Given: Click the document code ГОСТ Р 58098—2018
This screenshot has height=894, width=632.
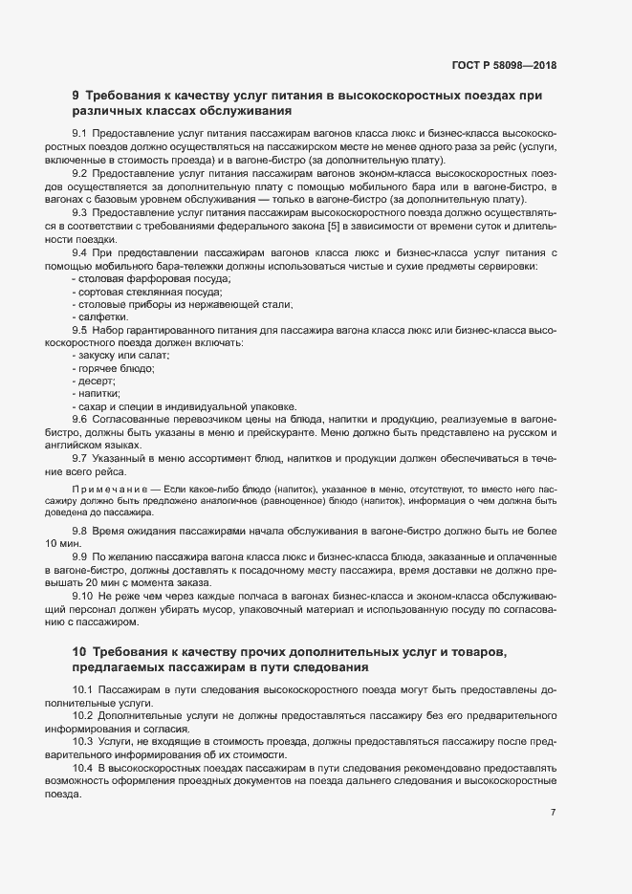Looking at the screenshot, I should (503, 65).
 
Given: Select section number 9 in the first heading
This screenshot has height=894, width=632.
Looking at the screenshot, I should (76, 95).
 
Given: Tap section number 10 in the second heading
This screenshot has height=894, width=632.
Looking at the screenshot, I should (79, 651).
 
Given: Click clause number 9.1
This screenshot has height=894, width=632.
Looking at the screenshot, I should (80, 132).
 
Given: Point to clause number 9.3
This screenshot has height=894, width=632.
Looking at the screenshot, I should (80, 212).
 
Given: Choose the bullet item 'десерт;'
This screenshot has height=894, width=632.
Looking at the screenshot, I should (95, 380).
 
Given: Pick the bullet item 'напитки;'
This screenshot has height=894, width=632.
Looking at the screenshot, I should (97, 393).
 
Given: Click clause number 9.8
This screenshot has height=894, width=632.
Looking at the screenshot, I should (80, 530).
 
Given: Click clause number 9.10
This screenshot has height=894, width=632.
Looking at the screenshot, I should (83, 596).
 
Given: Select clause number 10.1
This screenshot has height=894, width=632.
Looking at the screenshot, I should (83, 688).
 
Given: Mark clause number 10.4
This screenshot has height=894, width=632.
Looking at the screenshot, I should (83, 768).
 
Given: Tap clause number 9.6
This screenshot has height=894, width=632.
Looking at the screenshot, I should (80, 419).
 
